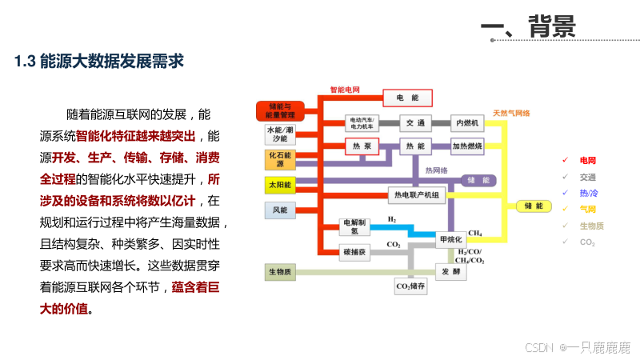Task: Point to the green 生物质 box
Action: [x=280, y=273]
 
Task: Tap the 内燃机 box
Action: [x=466, y=123]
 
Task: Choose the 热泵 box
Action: [x=361, y=146]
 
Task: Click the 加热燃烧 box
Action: [x=467, y=146]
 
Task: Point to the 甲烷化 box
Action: [x=451, y=239]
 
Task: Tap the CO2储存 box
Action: [x=411, y=286]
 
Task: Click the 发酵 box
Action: [x=450, y=272]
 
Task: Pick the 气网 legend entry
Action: [x=588, y=209]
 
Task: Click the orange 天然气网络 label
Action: [x=511, y=113]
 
